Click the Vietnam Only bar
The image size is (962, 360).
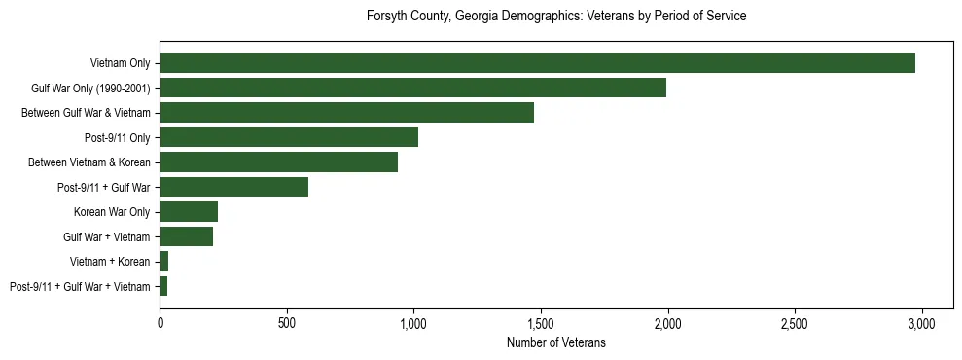point(537,63)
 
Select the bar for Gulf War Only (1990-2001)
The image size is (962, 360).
point(412,88)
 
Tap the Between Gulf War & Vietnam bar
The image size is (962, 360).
point(346,113)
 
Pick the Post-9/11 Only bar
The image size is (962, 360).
point(289,137)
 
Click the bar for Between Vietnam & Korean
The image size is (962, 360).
point(278,162)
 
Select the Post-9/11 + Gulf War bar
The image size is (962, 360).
point(233,187)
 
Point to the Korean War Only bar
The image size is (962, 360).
point(189,212)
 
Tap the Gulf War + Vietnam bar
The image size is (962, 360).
point(186,236)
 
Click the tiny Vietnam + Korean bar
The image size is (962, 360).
point(164,262)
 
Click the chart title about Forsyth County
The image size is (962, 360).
point(555,17)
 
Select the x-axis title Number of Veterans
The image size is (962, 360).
point(555,342)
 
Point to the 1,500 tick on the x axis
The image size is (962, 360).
point(541,323)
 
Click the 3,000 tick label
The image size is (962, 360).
point(922,323)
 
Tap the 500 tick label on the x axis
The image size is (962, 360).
point(287,323)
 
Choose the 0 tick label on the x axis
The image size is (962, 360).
point(160,323)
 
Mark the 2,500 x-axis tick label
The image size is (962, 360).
point(795,323)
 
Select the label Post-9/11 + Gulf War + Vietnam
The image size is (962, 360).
point(80,287)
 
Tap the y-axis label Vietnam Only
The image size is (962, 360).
point(120,63)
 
